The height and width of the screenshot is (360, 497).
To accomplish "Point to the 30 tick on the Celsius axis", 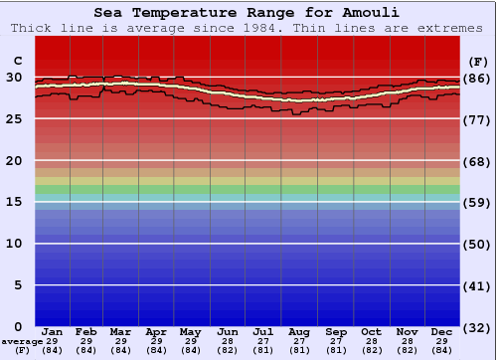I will (14, 77).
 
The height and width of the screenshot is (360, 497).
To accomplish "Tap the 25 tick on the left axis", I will (14, 118).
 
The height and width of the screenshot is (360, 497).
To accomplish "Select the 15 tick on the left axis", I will (14, 202).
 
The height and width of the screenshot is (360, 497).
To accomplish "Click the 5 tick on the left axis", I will (18, 285).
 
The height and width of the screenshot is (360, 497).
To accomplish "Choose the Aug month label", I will (298, 331).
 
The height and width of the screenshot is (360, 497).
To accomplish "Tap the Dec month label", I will (442, 331).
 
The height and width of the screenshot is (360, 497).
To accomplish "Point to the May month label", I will (191, 331).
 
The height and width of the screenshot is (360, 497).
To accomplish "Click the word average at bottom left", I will (22, 341).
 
